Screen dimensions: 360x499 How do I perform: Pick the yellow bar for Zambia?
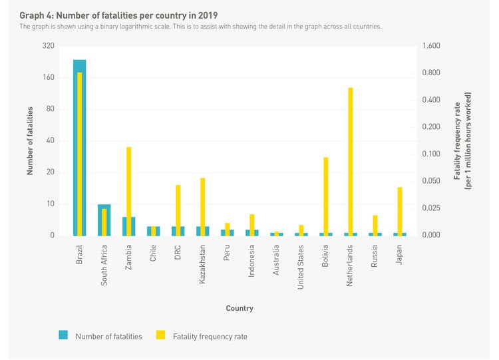129,191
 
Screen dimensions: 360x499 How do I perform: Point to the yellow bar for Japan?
400,211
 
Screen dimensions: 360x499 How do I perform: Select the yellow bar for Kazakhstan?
203,206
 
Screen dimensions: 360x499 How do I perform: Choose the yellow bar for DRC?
178,210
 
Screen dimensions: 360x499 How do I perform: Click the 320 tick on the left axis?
48,46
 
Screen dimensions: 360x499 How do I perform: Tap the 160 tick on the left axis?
48,77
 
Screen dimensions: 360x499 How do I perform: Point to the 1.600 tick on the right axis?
432,46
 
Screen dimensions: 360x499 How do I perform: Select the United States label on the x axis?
301,263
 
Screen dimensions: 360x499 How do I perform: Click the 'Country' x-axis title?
240,308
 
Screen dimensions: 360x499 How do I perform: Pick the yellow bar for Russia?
375,225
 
